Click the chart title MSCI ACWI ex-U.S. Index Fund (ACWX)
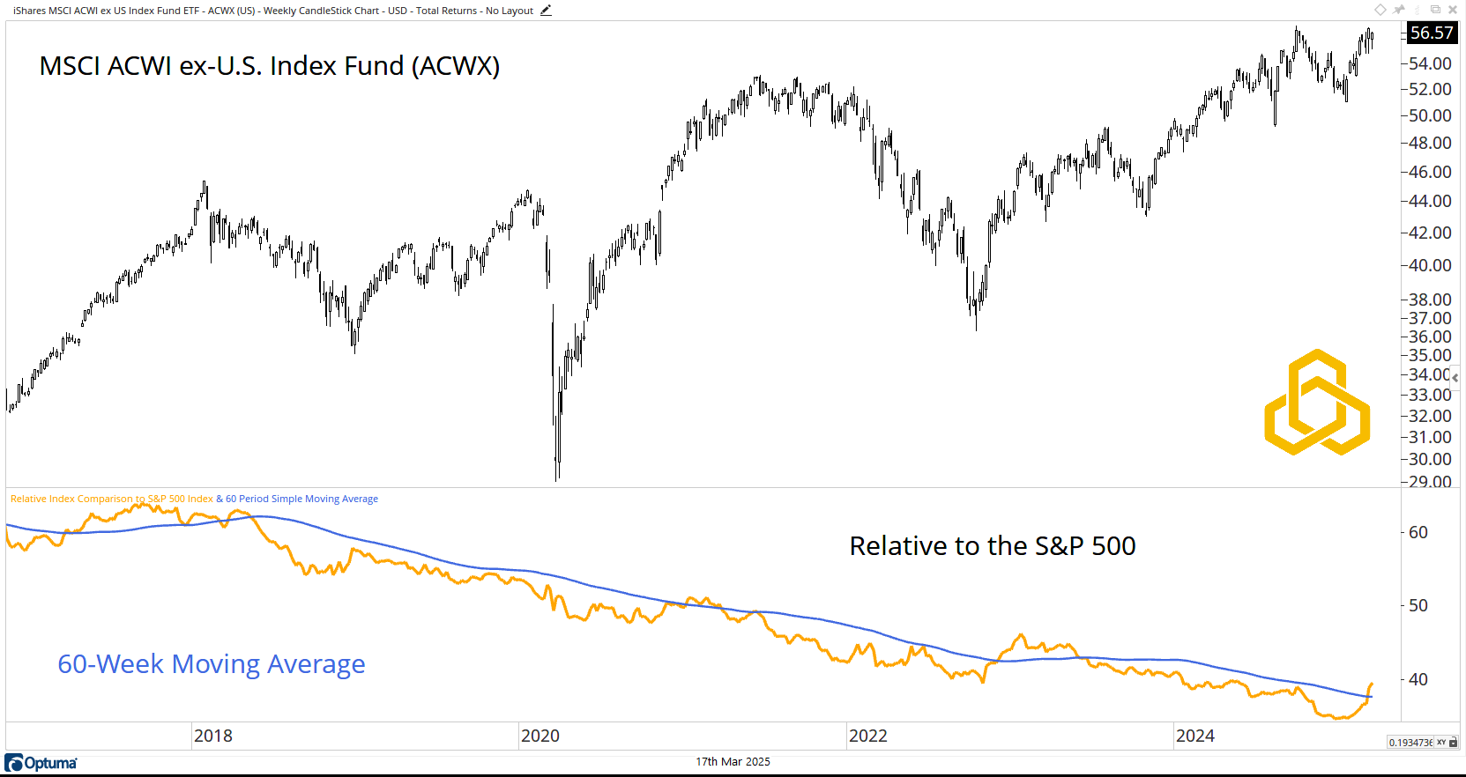[x=269, y=66]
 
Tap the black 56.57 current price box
[x=1432, y=33]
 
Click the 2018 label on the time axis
[x=213, y=736]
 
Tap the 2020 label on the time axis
[x=540, y=736]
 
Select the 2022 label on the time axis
[x=868, y=736]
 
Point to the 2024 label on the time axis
[x=1195, y=736]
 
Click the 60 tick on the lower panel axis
[x=1418, y=532]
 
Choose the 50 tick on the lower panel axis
[x=1418, y=605]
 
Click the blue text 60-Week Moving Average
[x=212, y=663]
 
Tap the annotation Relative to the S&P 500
[x=993, y=546]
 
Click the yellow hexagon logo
[x=1317, y=403]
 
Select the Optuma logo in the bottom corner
[x=41, y=763]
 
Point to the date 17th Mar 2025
[x=733, y=762]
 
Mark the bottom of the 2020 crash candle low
[x=557, y=479]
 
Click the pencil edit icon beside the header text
[x=546, y=11]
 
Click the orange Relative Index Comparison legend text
[x=112, y=499]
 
